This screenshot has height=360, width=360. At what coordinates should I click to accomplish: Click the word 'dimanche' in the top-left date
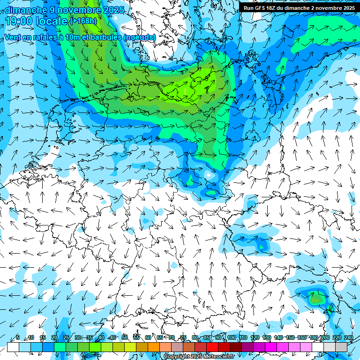(26, 9)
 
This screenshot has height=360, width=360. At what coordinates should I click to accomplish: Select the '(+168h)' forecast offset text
(83, 21)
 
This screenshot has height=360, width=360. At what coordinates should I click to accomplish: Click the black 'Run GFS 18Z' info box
(299, 8)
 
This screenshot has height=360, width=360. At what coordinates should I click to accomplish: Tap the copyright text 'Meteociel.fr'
(217, 357)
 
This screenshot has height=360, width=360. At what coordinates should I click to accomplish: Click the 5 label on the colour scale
(18, 337)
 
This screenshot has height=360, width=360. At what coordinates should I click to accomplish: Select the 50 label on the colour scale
(125, 337)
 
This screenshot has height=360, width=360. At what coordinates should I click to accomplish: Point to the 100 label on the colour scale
(232, 337)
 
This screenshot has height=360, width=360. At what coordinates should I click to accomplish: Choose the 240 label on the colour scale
(348, 337)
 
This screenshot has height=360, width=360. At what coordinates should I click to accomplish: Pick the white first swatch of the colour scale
(13, 347)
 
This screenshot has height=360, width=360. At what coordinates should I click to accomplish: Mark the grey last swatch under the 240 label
(341, 347)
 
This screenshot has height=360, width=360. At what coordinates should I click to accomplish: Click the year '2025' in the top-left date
(112, 9)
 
